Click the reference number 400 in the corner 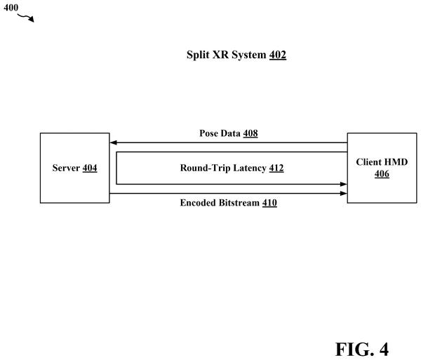coord(11,8)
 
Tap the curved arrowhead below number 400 coord(32,20)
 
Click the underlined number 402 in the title coord(278,55)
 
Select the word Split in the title coord(198,55)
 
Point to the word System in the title coord(249,55)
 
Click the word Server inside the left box coord(66,168)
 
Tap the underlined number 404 coord(90,168)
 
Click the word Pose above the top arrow coord(208,133)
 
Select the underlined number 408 coord(250,133)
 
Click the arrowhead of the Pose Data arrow coord(113,142)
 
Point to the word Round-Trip coord(205,168)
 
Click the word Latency coord(250,168)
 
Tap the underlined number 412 coord(276,168)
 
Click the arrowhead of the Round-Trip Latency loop coord(344,184)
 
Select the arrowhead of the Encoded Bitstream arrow coord(344,193)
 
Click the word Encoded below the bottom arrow coord(198,203)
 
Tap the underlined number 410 coord(269,203)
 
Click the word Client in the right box coord(367,162)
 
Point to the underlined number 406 coord(382,174)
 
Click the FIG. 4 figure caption coord(362,349)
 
